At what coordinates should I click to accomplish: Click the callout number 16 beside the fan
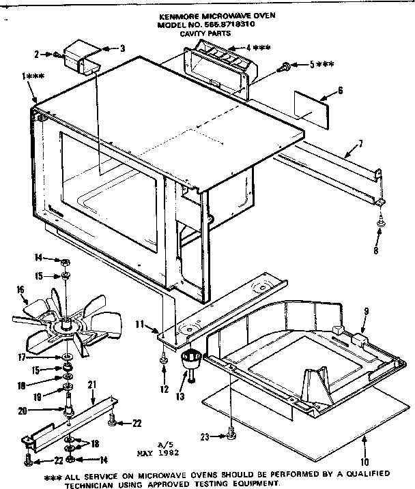(x=19, y=289)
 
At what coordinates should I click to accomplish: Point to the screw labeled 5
(x=285, y=66)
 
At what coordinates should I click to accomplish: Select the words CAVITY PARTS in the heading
(x=205, y=31)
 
